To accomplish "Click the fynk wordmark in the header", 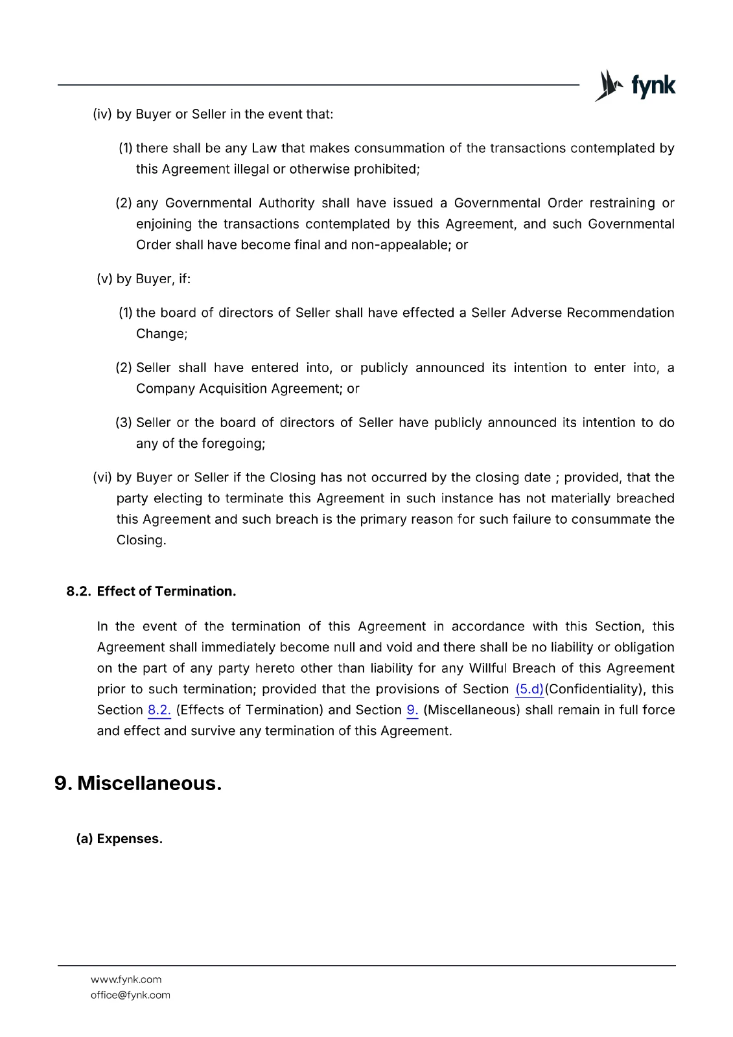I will (x=653, y=86).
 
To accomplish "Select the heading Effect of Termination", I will (x=167, y=591).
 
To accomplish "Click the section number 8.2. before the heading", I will (x=78, y=591).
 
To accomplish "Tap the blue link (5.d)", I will (x=529, y=689).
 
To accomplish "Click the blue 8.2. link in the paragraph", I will (x=159, y=710).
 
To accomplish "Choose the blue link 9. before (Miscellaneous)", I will (x=412, y=710).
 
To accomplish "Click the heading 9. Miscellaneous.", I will (x=138, y=783).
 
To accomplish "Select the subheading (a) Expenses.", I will (x=120, y=839).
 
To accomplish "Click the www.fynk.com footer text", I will (x=126, y=979).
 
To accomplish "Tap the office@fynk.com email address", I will (x=130, y=995).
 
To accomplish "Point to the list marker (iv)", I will (x=102, y=114).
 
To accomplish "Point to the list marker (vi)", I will (x=102, y=478).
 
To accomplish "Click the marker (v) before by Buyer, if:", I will (x=104, y=279).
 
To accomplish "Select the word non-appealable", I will (x=401, y=245).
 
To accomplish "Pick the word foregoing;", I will (x=233, y=443).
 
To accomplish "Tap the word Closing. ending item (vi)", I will (x=141, y=540).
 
